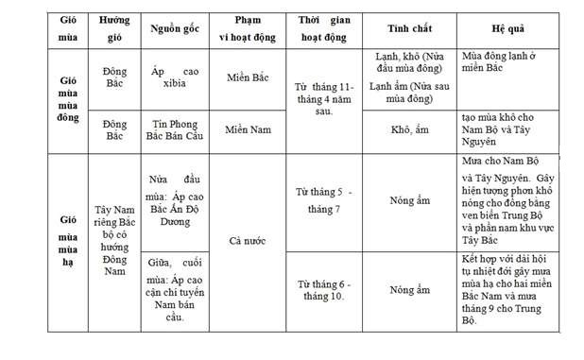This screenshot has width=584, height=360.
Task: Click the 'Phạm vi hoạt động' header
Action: (x=248, y=28)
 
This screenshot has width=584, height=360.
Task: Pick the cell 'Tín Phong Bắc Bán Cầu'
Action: (x=175, y=130)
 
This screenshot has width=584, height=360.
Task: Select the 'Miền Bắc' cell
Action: (x=248, y=78)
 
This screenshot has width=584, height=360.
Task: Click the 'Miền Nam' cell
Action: (x=248, y=129)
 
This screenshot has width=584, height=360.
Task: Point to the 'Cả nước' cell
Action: (x=248, y=240)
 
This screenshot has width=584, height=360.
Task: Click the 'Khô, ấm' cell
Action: (x=410, y=129)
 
